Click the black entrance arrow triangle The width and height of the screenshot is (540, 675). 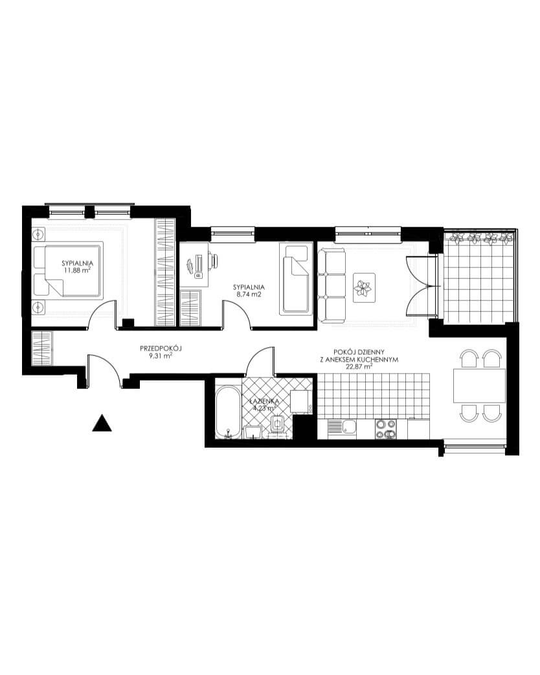102,424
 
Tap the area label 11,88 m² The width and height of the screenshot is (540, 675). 78,270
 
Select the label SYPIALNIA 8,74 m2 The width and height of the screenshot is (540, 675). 249,291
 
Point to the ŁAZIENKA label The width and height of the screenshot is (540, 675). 265,401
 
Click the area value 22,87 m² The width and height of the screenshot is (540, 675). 359,367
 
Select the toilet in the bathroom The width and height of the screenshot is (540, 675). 278,425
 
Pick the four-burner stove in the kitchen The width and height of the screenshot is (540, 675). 386,429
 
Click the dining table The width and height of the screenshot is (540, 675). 479,385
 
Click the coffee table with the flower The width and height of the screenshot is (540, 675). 365,287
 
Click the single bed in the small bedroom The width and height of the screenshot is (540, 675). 296,280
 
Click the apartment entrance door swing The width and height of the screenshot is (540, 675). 104,370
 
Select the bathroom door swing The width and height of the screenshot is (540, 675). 260,362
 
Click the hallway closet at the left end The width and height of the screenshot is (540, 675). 42,348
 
